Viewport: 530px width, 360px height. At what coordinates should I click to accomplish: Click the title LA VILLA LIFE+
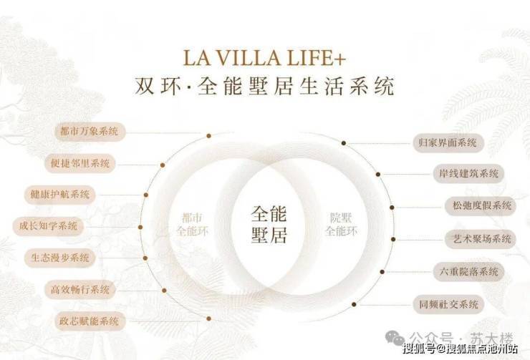click(264, 58)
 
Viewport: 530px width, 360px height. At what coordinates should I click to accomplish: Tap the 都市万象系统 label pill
click(90, 132)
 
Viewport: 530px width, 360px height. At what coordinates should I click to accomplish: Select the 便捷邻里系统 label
click(80, 163)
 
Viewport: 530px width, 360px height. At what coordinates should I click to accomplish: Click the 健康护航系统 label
click(60, 195)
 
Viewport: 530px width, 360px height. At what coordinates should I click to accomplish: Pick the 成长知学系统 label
click(48, 226)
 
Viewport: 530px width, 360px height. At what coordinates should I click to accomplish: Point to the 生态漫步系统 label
click(60, 258)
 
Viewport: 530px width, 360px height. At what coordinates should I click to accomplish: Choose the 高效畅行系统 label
click(80, 290)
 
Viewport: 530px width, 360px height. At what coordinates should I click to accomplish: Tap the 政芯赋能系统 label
click(90, 321)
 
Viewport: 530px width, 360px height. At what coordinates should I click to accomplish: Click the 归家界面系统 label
click(448, 143)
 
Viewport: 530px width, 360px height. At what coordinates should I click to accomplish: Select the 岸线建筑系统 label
click(468, 174)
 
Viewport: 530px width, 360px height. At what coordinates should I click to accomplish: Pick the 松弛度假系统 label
click(482, 205)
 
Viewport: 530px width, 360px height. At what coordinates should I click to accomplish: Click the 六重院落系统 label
click(468, 272)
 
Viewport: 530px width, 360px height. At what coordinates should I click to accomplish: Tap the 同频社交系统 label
click(448, 305)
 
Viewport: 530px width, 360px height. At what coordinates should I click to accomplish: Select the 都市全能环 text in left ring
click(193, 225)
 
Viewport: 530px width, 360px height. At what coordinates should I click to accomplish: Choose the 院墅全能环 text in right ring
click(341, 225)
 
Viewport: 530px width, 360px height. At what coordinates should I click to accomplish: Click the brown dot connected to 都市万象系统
click(209, 136)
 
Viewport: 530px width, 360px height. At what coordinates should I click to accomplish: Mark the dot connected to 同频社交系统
click(354, 305)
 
